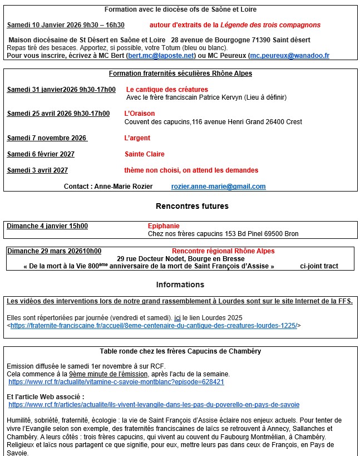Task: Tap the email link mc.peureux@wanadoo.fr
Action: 289,56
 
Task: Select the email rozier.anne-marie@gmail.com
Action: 218,187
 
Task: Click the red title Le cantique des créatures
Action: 167,90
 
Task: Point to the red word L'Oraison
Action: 139,114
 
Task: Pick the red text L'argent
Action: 137,138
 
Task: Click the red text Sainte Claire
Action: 145,154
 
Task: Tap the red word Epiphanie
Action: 164,226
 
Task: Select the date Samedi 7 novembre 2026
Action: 47,138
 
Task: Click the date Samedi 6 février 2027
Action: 41,154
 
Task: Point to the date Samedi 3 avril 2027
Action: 37,170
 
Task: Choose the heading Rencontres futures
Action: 192,206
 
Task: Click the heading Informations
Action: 180,285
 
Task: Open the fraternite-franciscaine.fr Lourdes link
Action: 154,326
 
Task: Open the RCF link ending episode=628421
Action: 116,382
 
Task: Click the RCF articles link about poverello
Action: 154,405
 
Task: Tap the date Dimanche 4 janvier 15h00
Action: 47,226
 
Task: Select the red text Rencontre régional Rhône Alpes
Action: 223,251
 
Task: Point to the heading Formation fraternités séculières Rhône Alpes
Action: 180,73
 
